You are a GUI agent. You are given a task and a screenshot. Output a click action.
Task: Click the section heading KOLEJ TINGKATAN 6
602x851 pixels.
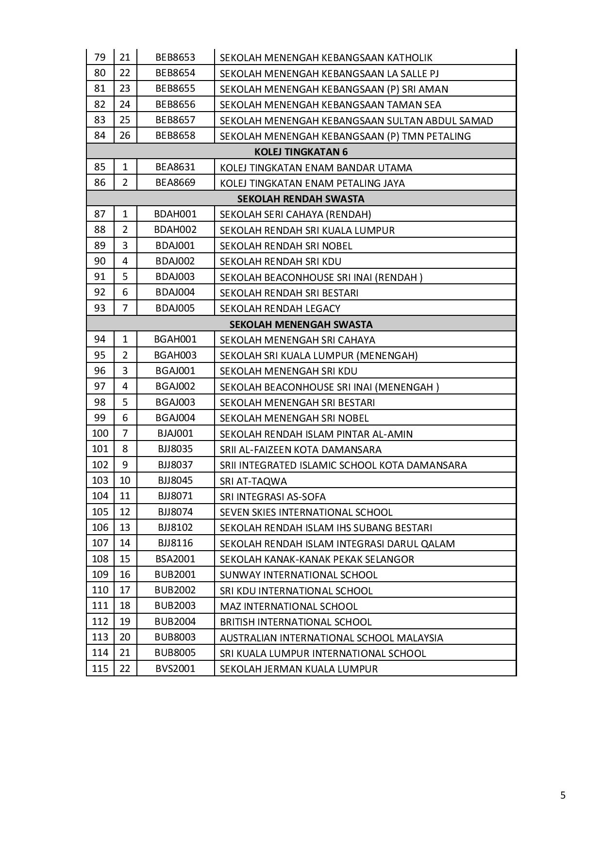[x=301, y=151]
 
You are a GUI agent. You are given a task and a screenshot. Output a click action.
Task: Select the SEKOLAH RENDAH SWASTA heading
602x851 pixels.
[x=301, y=198]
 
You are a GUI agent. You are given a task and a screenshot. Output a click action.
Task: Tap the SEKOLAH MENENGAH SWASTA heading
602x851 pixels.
[x=301, y=324]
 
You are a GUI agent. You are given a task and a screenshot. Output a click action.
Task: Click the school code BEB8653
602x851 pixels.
[x=175, y=57]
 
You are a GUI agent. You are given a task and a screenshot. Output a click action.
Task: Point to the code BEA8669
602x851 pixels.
[x=175, y=183]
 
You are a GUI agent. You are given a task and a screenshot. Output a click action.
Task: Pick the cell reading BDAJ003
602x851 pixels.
[x=175, y=277]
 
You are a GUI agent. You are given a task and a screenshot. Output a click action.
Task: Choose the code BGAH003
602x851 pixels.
[x=175, y=355]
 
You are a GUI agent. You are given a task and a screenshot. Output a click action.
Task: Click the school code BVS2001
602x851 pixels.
[x=175, y=669]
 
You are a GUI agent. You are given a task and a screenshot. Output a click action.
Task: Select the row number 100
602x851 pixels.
[x=100, y=433]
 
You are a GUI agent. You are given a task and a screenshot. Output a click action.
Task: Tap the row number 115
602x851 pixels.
[x=100, y=669]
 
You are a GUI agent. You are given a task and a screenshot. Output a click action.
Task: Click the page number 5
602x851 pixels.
[x=563, y=795]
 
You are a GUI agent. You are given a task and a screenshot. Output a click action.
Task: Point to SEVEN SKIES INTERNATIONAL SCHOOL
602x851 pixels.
[x=306, y=512]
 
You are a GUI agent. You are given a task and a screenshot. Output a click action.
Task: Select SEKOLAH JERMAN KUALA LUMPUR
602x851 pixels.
[x=299, y=669]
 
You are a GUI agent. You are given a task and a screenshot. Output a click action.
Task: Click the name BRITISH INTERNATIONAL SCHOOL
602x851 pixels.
[x=296, y=622]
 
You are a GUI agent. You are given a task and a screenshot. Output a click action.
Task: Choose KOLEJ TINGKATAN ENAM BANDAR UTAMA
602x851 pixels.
[x=316, y=168]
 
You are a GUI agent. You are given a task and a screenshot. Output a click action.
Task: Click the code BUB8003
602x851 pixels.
[x=175, y=637]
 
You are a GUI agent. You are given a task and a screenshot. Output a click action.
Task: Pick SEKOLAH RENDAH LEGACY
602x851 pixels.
[x=280, y=309]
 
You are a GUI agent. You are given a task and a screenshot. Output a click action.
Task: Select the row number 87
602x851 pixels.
[x=100, y=214]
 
